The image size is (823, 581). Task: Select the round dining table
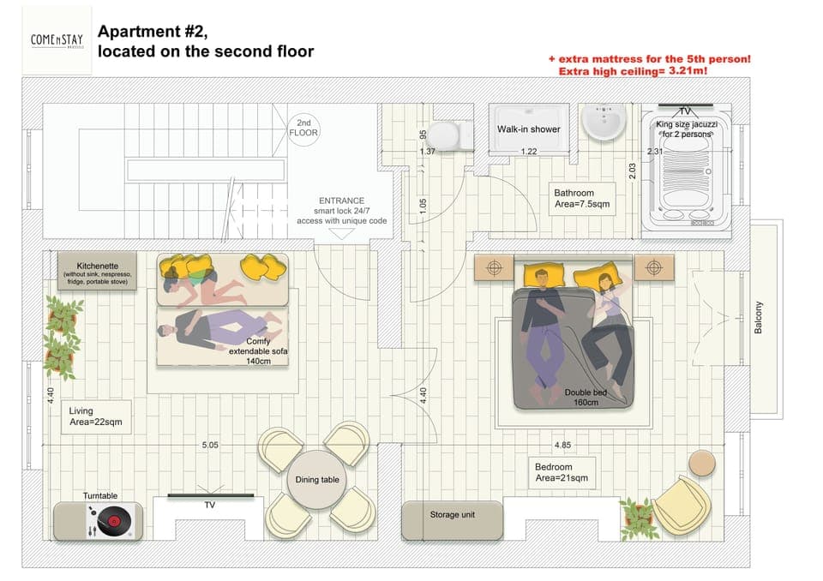click(x=318, y=480)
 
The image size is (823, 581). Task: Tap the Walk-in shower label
click(x=528, y=129)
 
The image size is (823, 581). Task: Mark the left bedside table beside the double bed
click(x=494, y=267)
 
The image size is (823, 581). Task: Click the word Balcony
click(x=759, y=318)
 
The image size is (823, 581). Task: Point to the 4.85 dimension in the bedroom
click(x=563, y=446)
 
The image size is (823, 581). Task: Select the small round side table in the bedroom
click(x=701, y=464)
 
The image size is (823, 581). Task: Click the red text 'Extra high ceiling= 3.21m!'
click(x=634, y=71)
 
